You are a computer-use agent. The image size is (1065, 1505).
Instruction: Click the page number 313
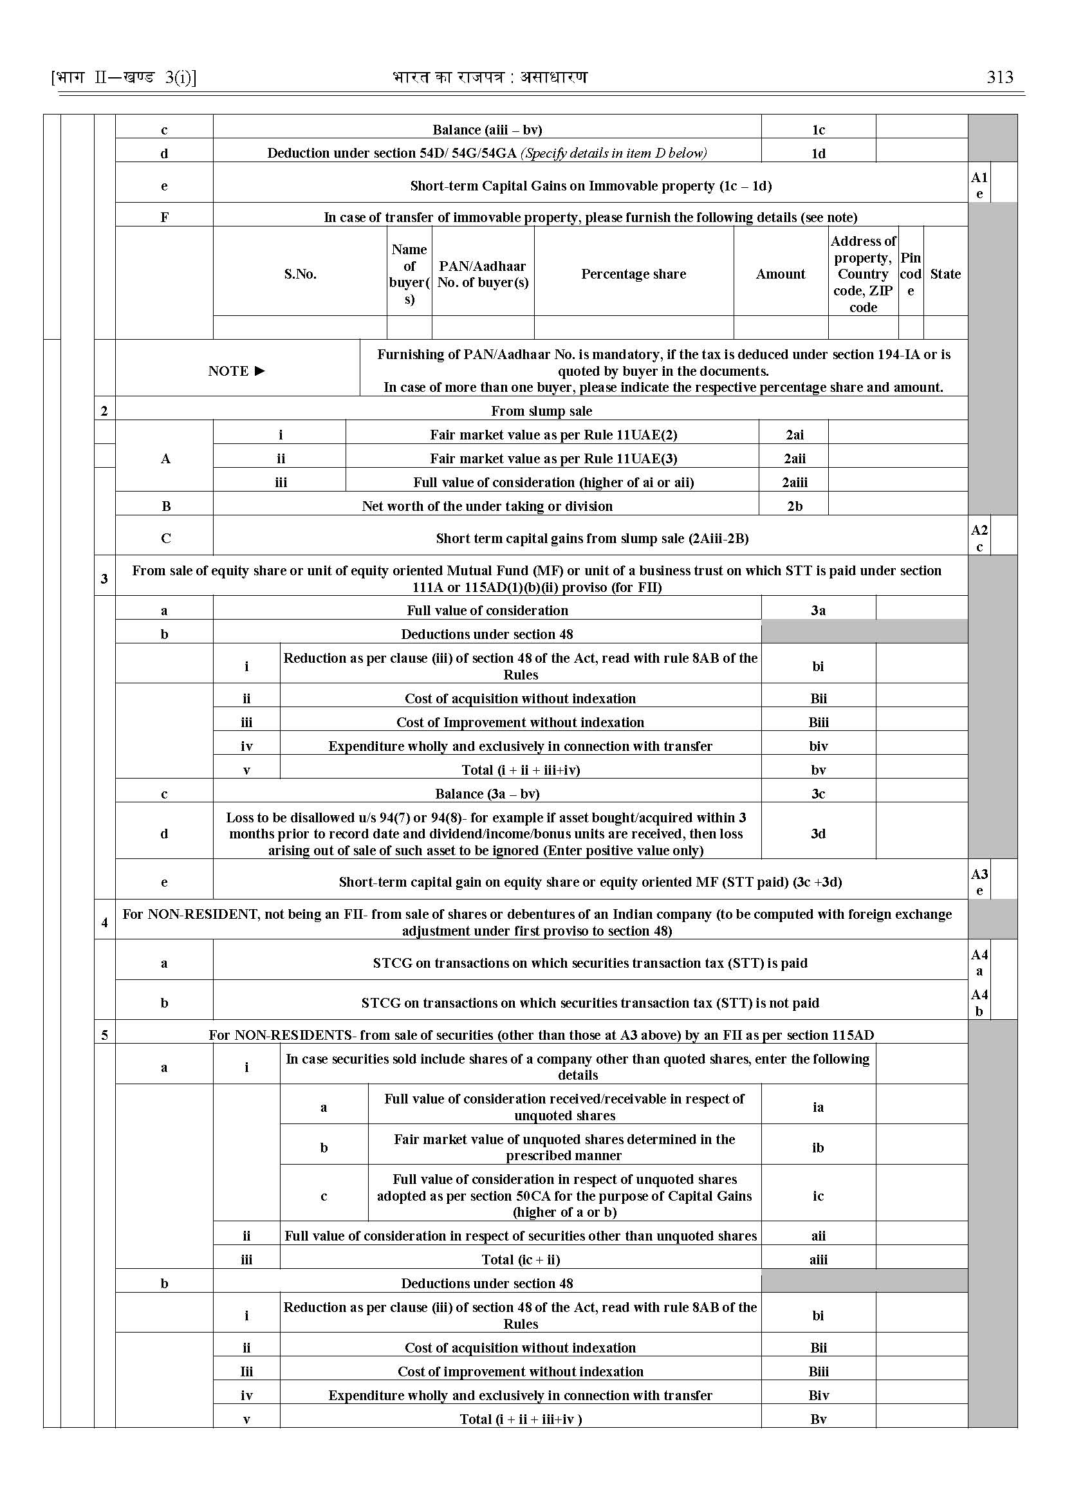click(x=999, y=77)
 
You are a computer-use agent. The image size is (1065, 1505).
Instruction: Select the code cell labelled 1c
click(x=818, y=130)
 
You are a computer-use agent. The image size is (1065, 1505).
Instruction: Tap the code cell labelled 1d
click(x=818, y=153)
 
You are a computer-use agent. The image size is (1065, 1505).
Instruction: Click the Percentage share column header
click(x=633, y=274)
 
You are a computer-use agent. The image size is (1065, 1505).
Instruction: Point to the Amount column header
click(x=780, y=274)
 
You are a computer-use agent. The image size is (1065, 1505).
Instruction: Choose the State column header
click(x=945, y=274)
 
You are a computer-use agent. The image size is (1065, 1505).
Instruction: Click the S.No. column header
click(x=300, y=274)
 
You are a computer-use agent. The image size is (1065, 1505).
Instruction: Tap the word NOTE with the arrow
click(x=237, y=371)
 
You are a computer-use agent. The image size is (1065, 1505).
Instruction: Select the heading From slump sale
click(x=541, y=411)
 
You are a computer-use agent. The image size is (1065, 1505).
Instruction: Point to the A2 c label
click(x=979, y=539)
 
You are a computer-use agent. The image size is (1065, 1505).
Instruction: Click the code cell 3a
click(x=818, y=611)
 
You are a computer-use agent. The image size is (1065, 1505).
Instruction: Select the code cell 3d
click(x=818, y=833)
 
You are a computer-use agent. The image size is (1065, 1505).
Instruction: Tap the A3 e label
click(x=979, y=882)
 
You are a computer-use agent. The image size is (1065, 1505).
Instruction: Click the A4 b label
click(x=979, y=1002)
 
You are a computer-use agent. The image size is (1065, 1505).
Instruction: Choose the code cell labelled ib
click(x=818, y=1148)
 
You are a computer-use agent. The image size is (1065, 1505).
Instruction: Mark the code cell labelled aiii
click(x=818, y=1260)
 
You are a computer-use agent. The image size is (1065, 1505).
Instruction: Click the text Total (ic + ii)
click(x=520, y=1260)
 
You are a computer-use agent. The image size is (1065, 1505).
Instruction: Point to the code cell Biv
click(x=818, y=1396)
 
